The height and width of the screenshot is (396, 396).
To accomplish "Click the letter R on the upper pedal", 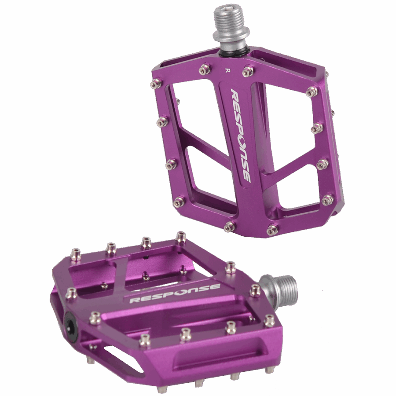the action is [226, 70].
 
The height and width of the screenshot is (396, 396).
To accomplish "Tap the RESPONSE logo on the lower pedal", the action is [175, 293].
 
